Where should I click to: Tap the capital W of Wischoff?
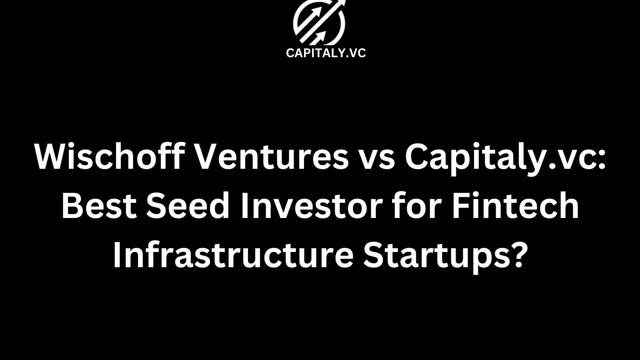52,156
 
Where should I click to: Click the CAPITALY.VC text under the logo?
326,53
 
